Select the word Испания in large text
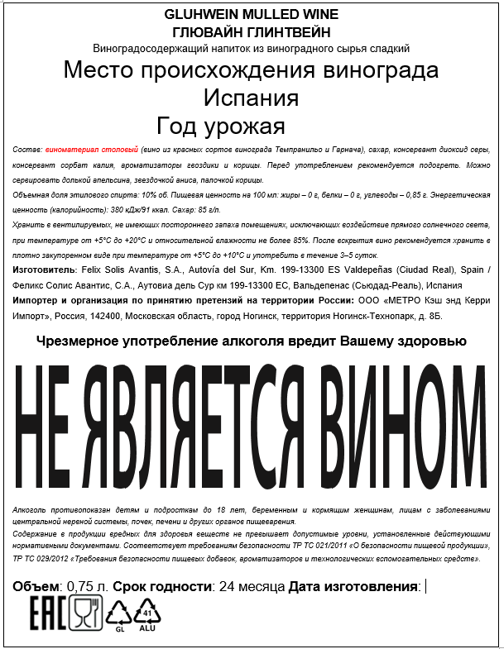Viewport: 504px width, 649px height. [x=251, y=98]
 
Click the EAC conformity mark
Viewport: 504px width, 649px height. [x=48, y=613]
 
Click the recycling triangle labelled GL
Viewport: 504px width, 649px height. [x=118, y=613]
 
